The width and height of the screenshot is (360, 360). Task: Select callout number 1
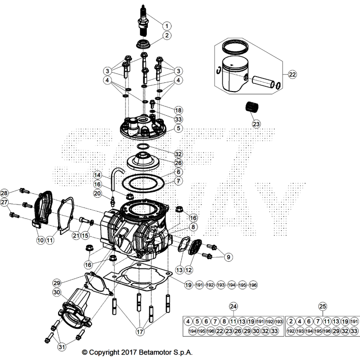tap(167, 26)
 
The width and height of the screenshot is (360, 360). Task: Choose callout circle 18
tap(165, 110)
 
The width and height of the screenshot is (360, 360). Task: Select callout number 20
tap(97, 194)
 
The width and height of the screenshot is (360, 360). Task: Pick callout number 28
tap(4, 192)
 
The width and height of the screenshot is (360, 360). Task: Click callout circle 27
tap(4, 202)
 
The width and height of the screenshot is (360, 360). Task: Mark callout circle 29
tap(57, 282)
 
